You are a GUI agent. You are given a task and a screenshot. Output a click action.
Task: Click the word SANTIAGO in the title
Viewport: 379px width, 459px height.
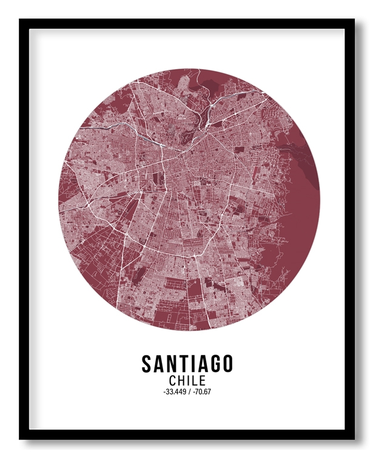pyautogui.click(x=187, y=364)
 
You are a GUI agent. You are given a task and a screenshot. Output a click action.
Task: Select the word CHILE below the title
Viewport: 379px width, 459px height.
pyautogui.click(x=187, y=381)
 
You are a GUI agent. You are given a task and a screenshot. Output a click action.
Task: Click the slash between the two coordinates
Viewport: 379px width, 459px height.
pyautogui.click(x=190, y=392)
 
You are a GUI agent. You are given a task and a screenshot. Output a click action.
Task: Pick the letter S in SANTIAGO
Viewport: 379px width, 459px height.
pyautogui.click(x=147, y=364)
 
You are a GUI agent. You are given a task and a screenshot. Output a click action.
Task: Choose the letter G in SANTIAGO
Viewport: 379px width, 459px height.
pyautogui.click(x=212, y=364)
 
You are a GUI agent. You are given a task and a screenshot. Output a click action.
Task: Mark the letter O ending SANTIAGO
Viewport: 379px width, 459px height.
pyautogui.click(x=226, y=364)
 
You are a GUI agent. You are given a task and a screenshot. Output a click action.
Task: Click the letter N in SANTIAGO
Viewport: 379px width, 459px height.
pyautogui.click(x=172, y=364)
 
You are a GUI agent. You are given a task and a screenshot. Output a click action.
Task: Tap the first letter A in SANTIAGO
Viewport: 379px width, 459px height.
pyautogui.click(x=159, y=364)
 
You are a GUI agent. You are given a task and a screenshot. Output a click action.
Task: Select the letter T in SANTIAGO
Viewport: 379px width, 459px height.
pyautogui.click(x=183, y=364)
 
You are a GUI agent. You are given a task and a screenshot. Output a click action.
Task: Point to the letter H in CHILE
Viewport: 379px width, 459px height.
pyautogui.click(x=182, y=381)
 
